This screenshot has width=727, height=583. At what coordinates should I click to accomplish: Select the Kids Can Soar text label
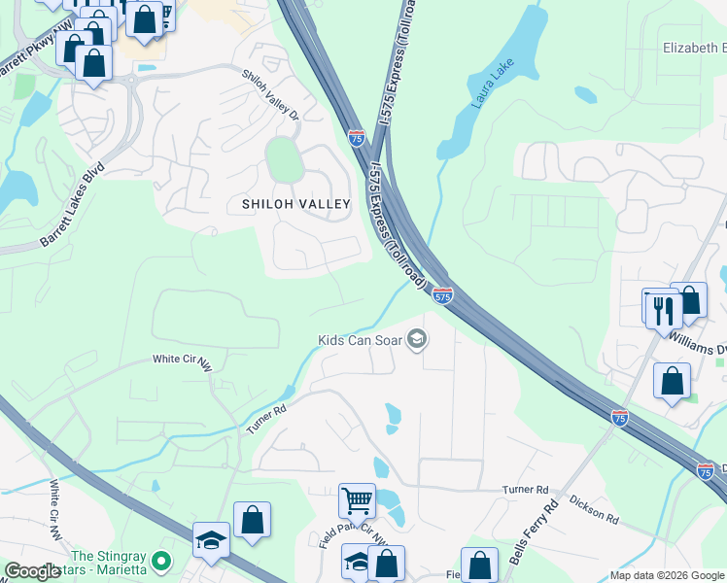point(359,340)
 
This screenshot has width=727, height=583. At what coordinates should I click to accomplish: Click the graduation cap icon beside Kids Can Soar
point(417,339)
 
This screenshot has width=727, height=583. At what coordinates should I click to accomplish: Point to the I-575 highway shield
point(442,294)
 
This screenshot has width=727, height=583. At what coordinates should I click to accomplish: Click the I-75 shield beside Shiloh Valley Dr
point(357,138)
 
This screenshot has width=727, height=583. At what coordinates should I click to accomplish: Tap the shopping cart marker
point(357,501)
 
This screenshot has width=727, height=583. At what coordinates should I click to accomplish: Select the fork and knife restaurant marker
point(662,309)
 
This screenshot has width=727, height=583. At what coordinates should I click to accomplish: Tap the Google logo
point(32,571)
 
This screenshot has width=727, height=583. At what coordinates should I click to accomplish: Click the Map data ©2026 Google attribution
point(667,575)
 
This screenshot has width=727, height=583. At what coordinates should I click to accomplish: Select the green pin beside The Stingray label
point(163,562)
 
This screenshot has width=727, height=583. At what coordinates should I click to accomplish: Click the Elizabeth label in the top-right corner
point(693,48)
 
